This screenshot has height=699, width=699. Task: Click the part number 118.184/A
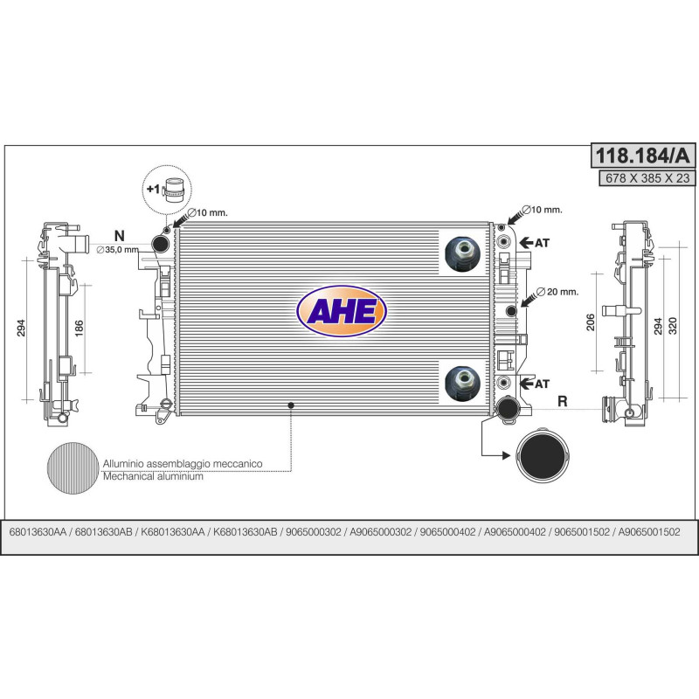point(643,156)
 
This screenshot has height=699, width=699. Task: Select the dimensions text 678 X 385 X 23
point(647,178)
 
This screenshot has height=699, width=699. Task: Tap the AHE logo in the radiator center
point(341,311)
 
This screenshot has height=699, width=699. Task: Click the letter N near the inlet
point(119,235)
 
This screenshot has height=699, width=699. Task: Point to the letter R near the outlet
point(563,401)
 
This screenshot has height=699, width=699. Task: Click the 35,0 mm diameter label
point(118,250)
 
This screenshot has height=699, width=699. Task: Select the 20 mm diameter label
point(557,292)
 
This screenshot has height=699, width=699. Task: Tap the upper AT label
point(542,243)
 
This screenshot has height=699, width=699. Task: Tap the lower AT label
point(542,384)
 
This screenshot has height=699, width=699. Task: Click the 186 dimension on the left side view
point(79,329)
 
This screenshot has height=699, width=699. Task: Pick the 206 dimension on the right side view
point(591,322)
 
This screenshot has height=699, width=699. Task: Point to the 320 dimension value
point(673,326)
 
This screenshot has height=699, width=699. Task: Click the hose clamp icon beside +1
point(174,190)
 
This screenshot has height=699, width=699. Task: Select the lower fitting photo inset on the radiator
point(463,384)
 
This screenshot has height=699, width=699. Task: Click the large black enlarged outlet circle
point(543,455)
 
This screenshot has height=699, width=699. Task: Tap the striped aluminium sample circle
point(73,468)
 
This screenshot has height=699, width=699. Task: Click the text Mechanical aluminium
point(153,476)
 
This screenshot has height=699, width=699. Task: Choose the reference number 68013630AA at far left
point(38,532)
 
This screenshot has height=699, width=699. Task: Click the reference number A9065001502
point(649,532)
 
